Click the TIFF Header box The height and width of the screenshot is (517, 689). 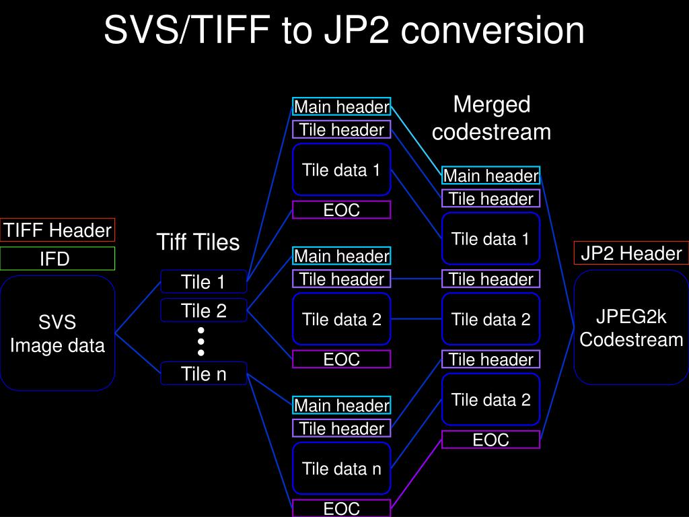(57, 230)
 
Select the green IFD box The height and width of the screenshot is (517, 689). (57, 258)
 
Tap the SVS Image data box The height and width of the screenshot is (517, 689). (57, 333)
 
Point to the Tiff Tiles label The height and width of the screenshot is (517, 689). (198, 242)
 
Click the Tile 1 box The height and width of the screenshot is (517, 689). (203, 281)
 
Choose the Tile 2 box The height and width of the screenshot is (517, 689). (203, 310)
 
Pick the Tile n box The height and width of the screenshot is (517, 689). (203, 374)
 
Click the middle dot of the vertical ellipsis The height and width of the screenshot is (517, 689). (201, 341)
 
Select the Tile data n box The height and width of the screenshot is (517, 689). (342, 469)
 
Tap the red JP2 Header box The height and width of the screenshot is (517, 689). (631, 253)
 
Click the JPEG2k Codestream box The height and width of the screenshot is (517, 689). (631, 328)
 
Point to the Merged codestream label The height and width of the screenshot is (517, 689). (491, 118)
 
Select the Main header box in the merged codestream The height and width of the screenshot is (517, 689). (491, 176)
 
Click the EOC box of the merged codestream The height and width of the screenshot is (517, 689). (491, 440)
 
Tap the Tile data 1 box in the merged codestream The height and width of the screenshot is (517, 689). (491, 238)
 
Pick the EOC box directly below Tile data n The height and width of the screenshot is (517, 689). (342, 508)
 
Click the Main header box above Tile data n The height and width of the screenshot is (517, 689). (342, 405)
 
